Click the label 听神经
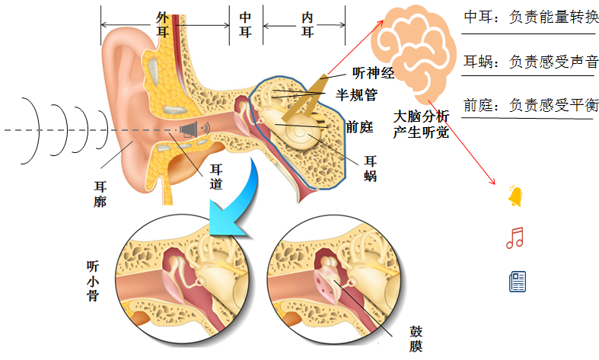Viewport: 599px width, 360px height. click(373, 74)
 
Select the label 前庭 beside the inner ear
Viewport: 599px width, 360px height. click(358, 128)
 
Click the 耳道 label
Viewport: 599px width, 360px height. click(216, 177)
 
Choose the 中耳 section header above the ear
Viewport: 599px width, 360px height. click(246, 23)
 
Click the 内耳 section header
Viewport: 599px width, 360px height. click(307, 23)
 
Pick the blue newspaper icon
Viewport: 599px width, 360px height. click(518, 282)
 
